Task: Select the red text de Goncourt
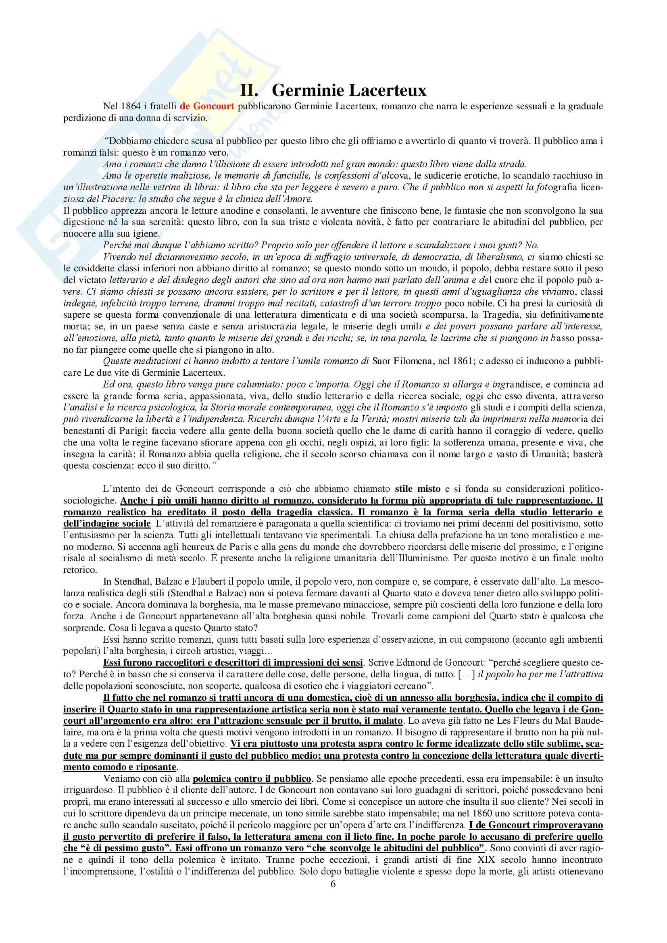(x=207, y=106)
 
